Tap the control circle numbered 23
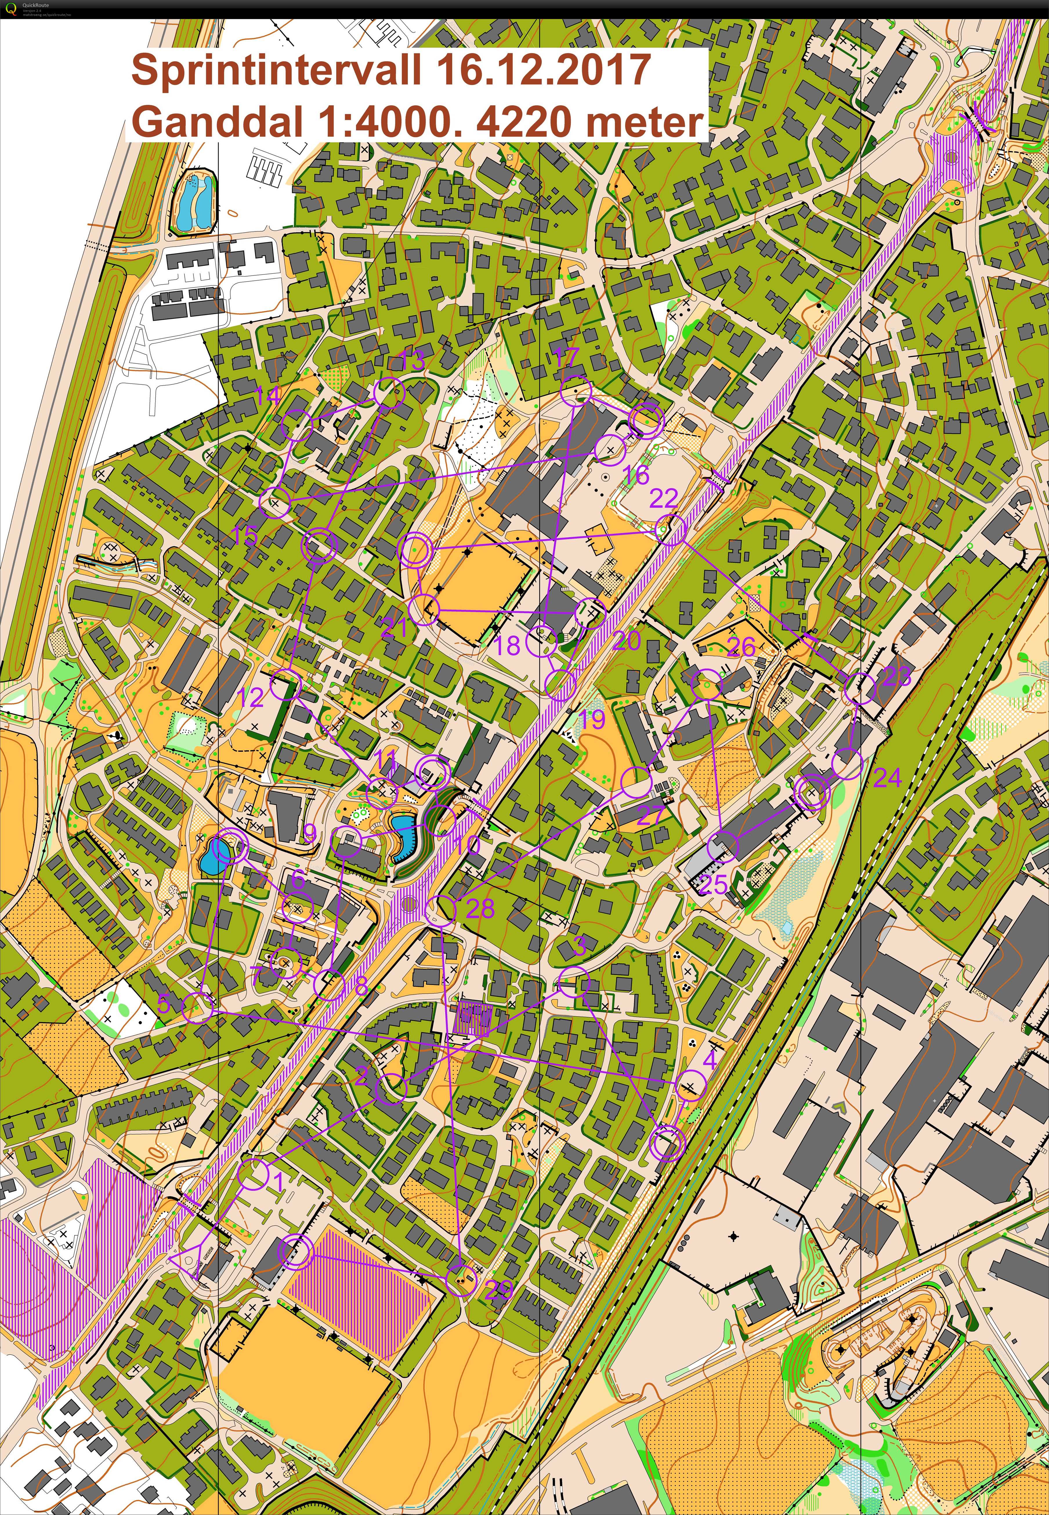coord(860,689)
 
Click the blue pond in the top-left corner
coord(195,195)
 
